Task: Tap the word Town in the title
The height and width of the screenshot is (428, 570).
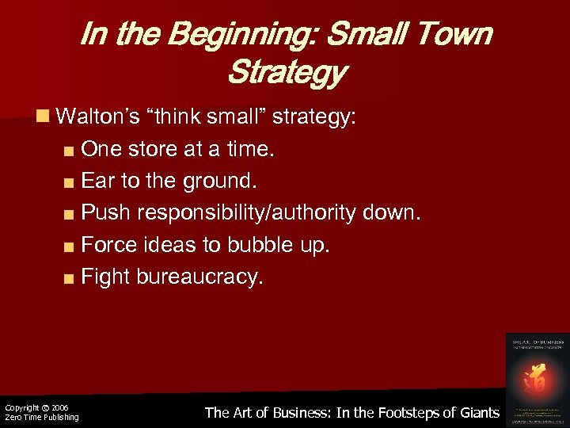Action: click(x=453, y=35)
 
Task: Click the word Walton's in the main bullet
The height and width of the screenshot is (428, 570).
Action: click(x=101, y=118)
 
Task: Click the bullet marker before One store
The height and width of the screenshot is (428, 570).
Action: click(x=70, y=150)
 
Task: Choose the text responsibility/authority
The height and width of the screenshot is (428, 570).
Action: click(x=254, y=213)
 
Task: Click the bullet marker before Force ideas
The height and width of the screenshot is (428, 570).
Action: click(x=70, y=246)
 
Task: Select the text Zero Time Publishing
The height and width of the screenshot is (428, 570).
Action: click(x=42, y=417)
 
